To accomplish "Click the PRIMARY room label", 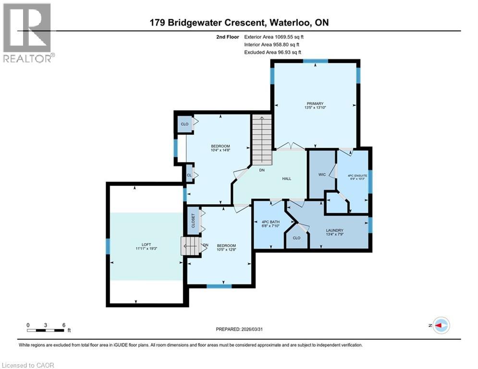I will tap(315, 103).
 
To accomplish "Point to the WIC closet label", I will tap(322, 174).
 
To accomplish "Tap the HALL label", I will tap(287, 179).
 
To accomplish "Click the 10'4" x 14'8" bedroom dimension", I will tap(221, 151).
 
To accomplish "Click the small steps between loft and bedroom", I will tap(189, 246).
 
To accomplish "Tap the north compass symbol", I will tap(441, 325).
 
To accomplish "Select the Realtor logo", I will tap(27, 32).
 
